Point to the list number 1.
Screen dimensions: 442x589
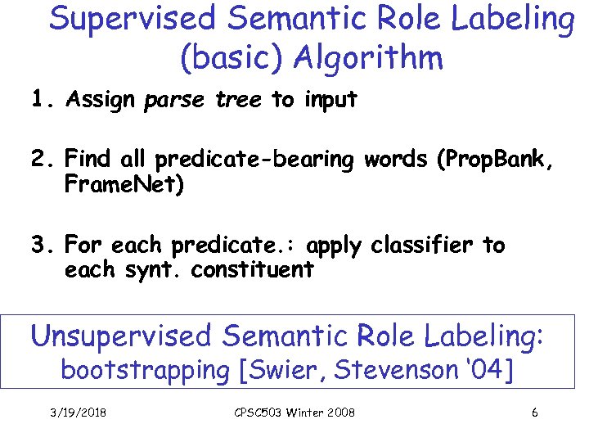41,100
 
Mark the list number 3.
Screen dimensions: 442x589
41,246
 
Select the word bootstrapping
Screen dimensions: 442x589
146,371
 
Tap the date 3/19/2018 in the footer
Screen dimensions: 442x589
77,413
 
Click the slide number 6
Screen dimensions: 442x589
534,413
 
